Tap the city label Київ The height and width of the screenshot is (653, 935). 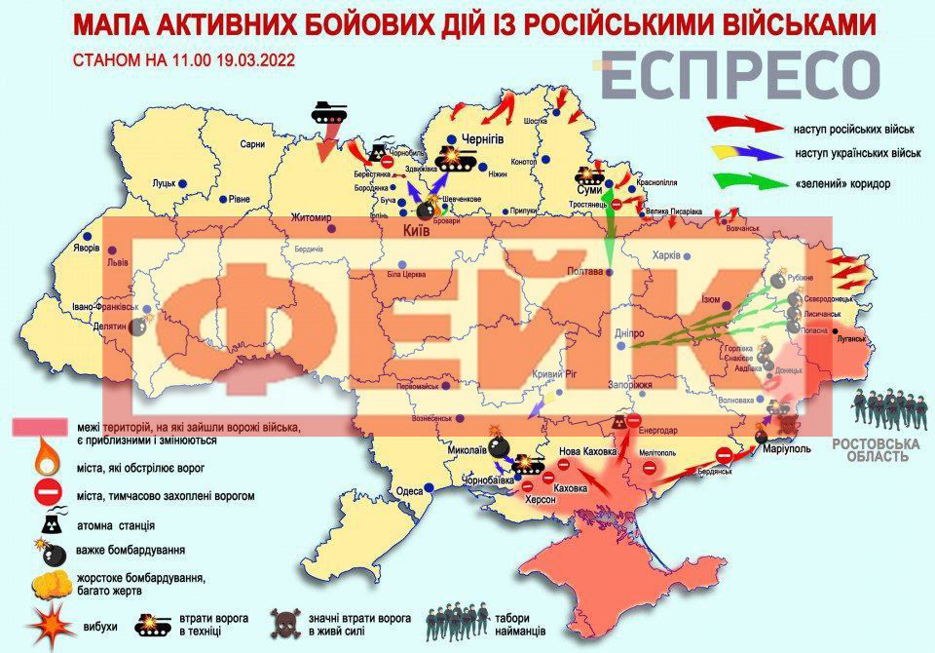pos(417,230)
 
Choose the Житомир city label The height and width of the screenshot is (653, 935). pos(311,217)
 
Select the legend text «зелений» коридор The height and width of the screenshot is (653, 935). pos(844,183)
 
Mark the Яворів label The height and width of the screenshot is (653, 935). pos(86,247)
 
